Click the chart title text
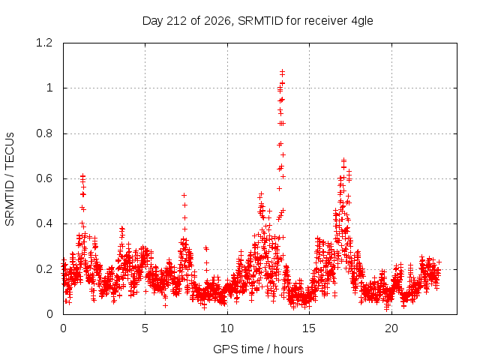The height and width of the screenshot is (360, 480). (x=258, y=21)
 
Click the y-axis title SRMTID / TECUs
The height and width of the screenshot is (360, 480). (x=10, y=179)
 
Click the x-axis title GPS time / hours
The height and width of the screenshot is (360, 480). (x=258, y=349)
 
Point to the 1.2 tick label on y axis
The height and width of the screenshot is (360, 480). (x=44, y=43)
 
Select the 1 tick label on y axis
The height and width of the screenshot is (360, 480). (x=49, y=88)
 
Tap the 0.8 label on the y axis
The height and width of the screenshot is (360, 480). (x=44, y=133)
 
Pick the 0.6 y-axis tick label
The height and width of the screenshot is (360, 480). (x=44, y=178)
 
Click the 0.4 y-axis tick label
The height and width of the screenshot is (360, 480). (x=44, y=223)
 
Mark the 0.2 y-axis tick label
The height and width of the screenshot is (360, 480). (x=44, y=269)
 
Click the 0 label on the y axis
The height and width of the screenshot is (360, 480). (x=49, y=314)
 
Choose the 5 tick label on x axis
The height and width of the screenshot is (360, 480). (x=145, y=328)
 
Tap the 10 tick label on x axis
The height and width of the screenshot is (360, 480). (x=227, y=328)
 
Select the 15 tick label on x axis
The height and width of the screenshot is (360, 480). (x=309, y=328)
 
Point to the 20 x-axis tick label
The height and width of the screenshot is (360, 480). (x=391, y=328)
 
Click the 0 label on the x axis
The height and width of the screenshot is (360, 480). (x=63, y=328)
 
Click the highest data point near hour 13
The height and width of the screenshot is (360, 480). (x=282, y=72)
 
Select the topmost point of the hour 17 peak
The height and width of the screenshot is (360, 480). (x=343, y=160)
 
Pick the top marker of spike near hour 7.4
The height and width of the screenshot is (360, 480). (x=184, y=195)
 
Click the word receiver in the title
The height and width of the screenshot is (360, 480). (x=325, y=21)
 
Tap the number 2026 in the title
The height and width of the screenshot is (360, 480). (x=217, y=21)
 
